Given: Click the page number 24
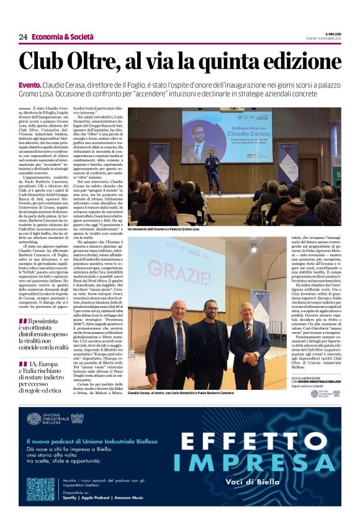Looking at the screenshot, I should click(23, 37).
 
